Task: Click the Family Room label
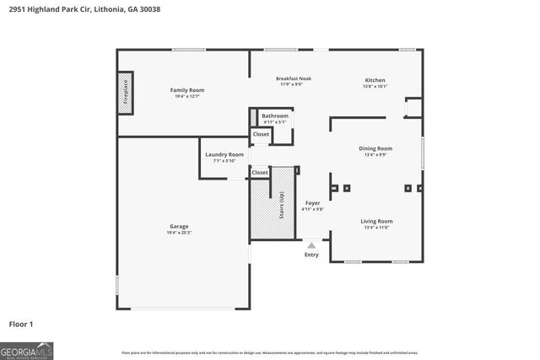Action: click(186, 89)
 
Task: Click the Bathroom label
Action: click(274, 116)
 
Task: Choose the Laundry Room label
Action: click(224, 154)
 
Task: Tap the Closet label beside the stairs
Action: click(260, 172)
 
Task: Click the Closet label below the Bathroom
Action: click(261, 134)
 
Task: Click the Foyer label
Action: click(312, 203)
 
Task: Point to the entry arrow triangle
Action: click(311, 245)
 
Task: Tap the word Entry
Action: click(311, 255)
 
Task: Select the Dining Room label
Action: click(376, 148)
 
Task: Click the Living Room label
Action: click(376, 221)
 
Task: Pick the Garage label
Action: click(179, 226)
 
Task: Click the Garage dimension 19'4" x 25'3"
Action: click(179, 233)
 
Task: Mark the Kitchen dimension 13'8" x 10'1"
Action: click(374, 86)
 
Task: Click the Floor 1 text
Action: click(21, 324)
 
